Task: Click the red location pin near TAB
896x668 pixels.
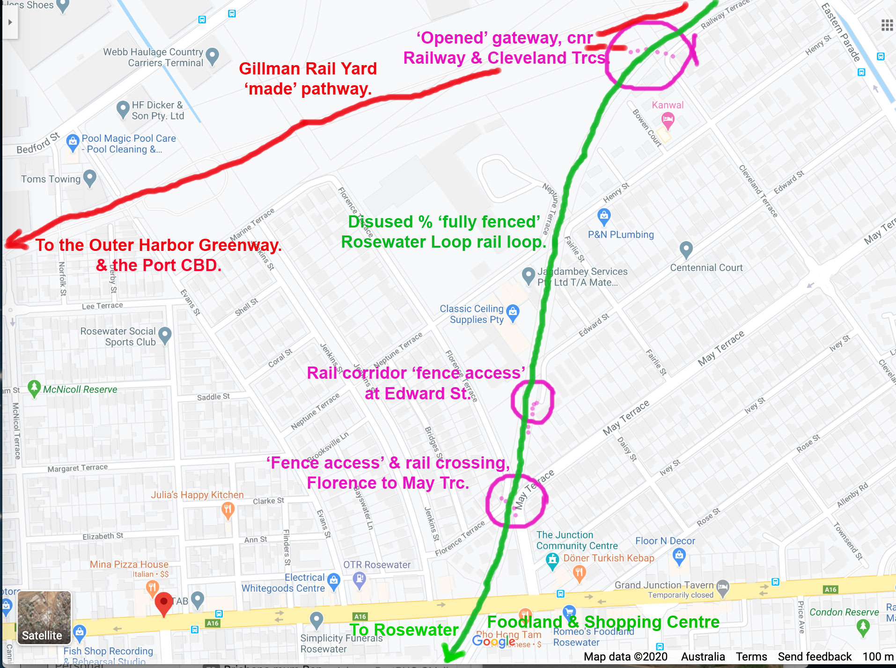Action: [163, 602]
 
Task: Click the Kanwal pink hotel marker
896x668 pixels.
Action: [668, 120]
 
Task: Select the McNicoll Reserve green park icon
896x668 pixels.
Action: [34, 388]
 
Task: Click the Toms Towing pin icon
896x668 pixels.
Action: [89, 178]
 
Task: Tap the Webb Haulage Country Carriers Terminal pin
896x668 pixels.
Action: [213, 56]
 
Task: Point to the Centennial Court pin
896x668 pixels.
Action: [686, 249]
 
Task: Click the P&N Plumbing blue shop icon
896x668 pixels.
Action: [604, 216]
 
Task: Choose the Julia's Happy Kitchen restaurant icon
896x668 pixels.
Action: [228, 510]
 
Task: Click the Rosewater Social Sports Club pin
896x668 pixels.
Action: [165, 335]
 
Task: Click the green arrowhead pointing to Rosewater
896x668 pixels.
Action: [451, 653]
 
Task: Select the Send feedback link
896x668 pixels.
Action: [815, 657]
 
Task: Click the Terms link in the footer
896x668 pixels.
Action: [751, 657]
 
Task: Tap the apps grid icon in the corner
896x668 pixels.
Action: [887, 25]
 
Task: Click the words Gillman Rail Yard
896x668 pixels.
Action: [308, 69]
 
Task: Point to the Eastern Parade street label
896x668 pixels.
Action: [841, 32]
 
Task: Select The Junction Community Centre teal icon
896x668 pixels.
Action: [552, 560]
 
